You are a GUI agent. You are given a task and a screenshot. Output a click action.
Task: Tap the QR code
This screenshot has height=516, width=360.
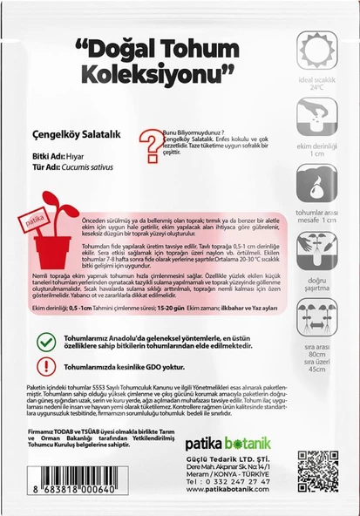(x=316, y=472)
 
